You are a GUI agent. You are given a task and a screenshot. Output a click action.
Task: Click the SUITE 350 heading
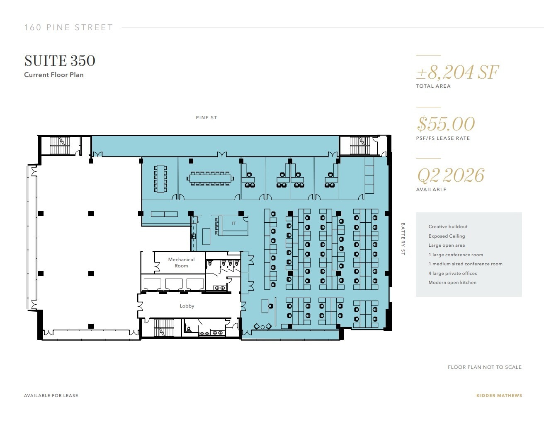pos(60,61)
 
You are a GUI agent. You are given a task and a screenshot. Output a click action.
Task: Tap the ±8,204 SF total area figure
pos(457,72)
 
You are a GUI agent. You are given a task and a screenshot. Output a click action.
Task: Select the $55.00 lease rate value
pos(446,124)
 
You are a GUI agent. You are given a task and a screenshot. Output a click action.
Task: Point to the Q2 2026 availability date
pos(450,176)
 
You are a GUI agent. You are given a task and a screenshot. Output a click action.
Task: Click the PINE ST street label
pos(206,118)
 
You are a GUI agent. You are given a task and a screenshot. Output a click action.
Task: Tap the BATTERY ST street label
pos(402,239)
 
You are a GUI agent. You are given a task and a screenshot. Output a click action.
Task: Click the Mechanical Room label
pos(181,262)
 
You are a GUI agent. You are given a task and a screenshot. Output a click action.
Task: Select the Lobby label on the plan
pos(187,306)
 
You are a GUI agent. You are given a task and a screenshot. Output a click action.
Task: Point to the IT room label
pos(234,224)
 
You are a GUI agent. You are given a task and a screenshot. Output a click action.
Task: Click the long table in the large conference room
pos(210,178)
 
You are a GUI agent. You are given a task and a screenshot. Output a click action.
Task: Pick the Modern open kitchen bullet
pos(452,282)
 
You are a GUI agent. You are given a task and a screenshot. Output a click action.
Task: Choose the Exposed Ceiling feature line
pos(447,236)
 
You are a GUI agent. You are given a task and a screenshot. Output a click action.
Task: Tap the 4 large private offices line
pos(452,273)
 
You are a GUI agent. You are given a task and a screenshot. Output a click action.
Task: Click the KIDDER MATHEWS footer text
pos(499,395)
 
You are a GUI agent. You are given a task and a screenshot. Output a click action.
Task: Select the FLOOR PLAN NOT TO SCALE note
pos(485,367)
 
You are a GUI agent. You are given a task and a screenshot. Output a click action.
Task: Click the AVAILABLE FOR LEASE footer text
pos(51,395)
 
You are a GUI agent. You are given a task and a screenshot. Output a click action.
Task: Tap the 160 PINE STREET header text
pos(68,28)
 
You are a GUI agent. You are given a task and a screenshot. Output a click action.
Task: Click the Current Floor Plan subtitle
pos(54,75)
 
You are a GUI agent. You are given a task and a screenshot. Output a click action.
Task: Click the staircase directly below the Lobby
pos(163,328)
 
